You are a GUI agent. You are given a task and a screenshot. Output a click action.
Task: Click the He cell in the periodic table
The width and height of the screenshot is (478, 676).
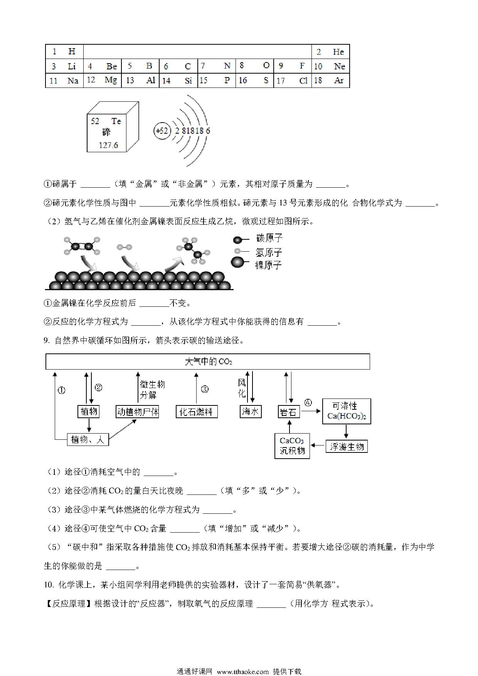click(x=330, y=52)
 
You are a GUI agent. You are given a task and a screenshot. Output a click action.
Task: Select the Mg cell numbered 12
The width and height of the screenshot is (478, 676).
click(x=103, y=80)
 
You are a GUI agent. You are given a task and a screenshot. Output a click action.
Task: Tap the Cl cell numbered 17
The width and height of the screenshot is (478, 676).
click(x=293, y=80)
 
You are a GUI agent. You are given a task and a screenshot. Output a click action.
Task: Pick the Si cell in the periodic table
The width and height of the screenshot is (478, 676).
click(x=178, y=80)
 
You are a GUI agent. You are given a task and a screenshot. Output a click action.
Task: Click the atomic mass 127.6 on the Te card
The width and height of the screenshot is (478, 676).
click(x=108, y=145)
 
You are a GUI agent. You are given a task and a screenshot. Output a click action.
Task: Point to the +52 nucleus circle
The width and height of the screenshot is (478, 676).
click(x=162, y=131)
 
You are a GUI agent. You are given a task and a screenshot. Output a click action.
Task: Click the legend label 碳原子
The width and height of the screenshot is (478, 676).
click(x=269, y=238)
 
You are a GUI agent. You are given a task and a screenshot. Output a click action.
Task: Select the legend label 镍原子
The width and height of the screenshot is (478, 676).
click(x=269, y=265)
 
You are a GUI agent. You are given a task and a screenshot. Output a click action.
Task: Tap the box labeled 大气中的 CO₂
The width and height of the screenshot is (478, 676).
click(x=208, y=362)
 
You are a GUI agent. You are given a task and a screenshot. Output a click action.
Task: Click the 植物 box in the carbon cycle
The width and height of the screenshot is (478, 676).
click(x=89, y=412)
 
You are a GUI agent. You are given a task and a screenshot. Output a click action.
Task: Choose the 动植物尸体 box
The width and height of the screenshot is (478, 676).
click(x=138, y=412)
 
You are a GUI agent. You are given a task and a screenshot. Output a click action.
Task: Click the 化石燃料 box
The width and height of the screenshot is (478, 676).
click(x=197, y=412)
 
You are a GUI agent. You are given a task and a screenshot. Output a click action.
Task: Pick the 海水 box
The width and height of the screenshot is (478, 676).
click(x=251, y=412)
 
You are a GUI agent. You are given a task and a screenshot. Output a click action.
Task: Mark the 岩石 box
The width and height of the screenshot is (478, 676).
click(x=289, y=412)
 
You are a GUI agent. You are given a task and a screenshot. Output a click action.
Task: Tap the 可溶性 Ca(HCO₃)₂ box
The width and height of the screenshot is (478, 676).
click(x=347, y=411)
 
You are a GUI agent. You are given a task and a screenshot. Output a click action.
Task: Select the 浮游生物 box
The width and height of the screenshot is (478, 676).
click(x=347, y=447)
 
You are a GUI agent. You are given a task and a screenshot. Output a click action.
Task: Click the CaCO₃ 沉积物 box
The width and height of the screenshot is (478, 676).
click(x=292, y=446)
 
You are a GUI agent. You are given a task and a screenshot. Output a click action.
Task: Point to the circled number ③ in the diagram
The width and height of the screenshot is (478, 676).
click(x=205, y=389)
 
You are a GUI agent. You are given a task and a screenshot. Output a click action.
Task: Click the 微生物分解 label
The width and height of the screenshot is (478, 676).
click(x=153, y=390)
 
